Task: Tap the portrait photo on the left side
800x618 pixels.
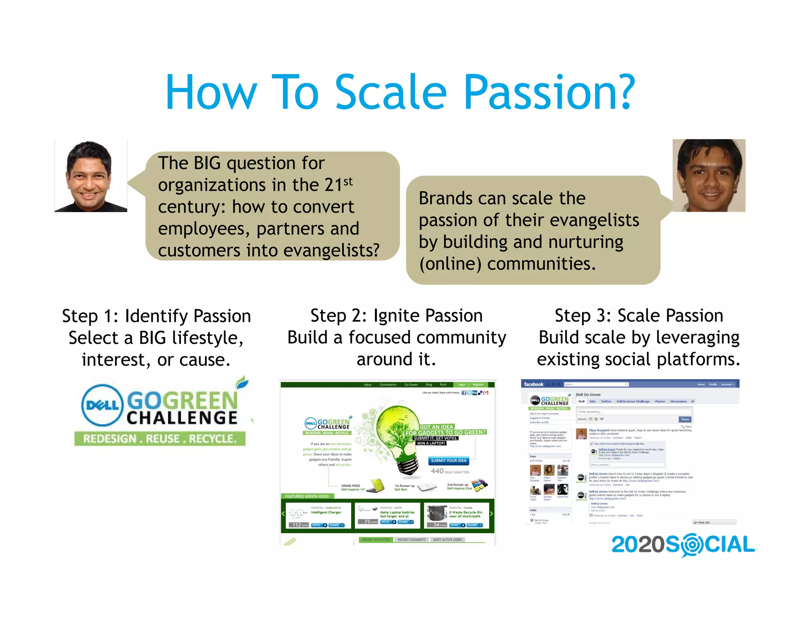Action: (91, 176)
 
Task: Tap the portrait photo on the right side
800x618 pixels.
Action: (709, 175)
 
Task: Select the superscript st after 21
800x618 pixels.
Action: (348, 181)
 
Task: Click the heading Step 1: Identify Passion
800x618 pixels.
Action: (156, 316)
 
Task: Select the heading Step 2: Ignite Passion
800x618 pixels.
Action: (396, 315)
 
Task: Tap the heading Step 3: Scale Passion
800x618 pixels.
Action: (639, 315)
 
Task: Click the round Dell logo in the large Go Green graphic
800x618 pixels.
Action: (102, 405)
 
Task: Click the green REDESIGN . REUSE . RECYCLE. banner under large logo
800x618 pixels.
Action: (160, 439)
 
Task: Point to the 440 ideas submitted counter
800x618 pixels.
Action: (449, 472)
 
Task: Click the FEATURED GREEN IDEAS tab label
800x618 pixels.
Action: (307, 496)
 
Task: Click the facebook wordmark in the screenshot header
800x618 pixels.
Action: (533, 384)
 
